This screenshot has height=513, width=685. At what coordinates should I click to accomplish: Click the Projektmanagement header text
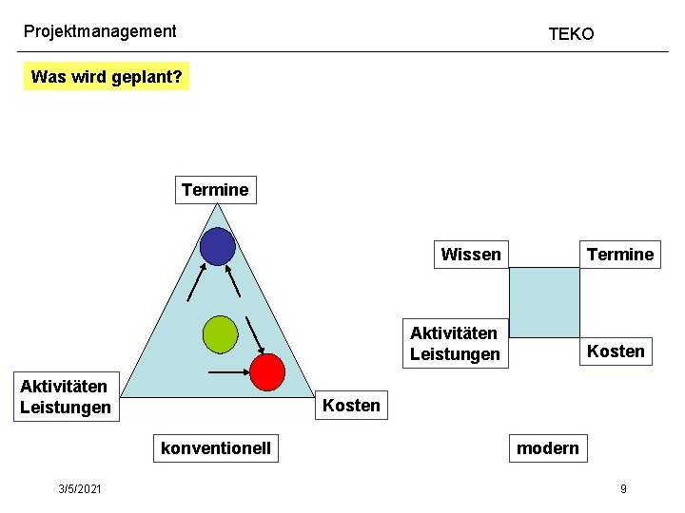pyautogui.click(x=100, y=31)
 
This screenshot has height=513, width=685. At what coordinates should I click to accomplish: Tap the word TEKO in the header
pyautogui.click(x=571, y=34)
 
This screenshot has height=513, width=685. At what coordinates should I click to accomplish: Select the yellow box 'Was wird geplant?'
pyautogui.click(x=107, y=76)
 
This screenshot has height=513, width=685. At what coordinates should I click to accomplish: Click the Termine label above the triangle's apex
pyautogui.click(x=215, y=190)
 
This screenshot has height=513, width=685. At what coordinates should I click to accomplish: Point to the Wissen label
pyautogui.click(x=471, y=255)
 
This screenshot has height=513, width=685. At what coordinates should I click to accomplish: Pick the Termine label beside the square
pyautogui.click(x=620, y=255)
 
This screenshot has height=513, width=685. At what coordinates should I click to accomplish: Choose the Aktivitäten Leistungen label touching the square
pyautogui.click(x=455, y=344)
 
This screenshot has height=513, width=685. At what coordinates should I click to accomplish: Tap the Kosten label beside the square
pyautogui.click(x=616, y=351)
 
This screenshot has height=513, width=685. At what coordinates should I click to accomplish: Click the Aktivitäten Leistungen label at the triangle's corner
pyautogui.click(x=65, y=397)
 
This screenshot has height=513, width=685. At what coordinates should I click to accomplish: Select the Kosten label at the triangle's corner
pyautogui.click(x=351, y=406)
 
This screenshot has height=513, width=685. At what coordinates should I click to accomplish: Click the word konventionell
pyautogui.click(x=216, y=447)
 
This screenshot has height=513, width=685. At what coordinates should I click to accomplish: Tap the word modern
pyautogui.click(x=547, y=447)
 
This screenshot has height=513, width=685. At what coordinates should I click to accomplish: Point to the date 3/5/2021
pyautogui.click(x=81, y=488)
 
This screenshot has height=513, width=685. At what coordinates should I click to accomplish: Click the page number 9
pyautogui.click(x=623, y=488)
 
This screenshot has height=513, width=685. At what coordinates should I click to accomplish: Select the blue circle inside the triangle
pyautogui.click(x=218, y=247)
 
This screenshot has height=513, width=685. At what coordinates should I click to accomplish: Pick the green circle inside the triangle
pyautogui.click(x=220, y=333)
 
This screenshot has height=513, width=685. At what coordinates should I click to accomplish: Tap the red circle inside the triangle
pyautogui.click(x=268, y=371)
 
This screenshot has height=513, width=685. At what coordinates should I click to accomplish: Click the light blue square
pyautogui.click(x=544, y=302)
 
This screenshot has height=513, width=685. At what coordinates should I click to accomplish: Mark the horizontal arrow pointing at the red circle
pyautogui.click(x=227, y=372)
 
